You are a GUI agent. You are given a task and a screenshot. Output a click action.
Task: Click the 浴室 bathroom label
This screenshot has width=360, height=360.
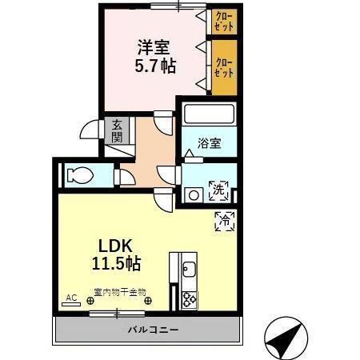[210, 145]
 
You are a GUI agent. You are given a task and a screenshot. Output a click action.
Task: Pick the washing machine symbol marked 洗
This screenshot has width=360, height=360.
[218, 191]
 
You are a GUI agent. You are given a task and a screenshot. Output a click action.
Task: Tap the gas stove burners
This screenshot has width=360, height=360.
[190, 298]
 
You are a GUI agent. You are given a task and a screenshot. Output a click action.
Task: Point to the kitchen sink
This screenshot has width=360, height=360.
[190, 268]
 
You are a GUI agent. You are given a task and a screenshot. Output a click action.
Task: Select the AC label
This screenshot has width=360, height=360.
[70, 298]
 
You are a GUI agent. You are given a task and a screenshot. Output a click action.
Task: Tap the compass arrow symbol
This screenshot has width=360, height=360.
[286, 337]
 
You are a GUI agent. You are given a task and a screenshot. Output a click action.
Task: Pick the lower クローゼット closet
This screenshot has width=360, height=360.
[224, 66]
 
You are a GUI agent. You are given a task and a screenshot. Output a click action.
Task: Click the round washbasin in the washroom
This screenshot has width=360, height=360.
[192, 194]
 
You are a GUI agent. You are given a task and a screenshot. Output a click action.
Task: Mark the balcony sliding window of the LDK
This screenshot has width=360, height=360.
[112, 314]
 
